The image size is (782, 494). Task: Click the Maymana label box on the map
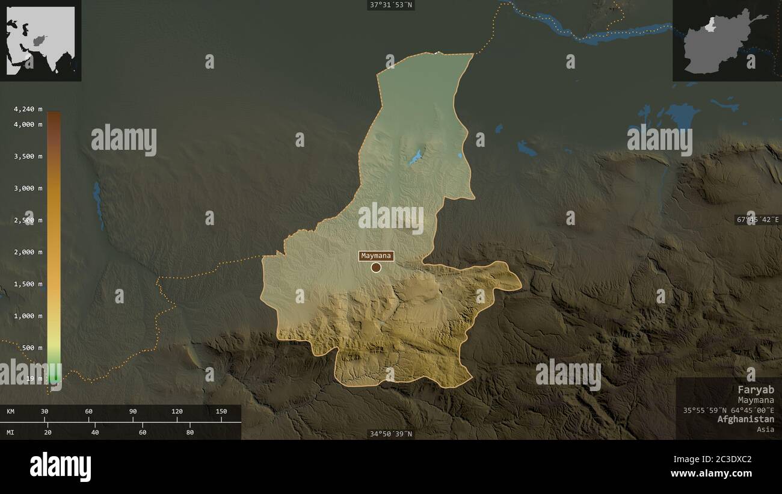377,256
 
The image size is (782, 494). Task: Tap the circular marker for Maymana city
376,267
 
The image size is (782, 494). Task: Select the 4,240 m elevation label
28,109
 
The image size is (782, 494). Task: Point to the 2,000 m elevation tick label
28,252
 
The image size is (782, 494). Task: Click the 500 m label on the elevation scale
32,348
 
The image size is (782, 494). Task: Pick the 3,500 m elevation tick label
28,156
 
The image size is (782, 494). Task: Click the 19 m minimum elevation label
35,378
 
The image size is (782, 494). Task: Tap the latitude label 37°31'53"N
392,5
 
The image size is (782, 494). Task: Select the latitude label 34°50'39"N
391,434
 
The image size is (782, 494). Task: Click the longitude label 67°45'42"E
757,220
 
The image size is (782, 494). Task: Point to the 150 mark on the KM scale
221,412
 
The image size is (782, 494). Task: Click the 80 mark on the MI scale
189,432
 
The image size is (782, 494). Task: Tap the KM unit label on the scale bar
11,412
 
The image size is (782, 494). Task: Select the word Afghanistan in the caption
745,419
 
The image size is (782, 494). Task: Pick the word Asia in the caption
766,430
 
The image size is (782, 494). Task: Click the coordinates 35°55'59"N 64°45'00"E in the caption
728,410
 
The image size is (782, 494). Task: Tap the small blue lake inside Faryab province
416,158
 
